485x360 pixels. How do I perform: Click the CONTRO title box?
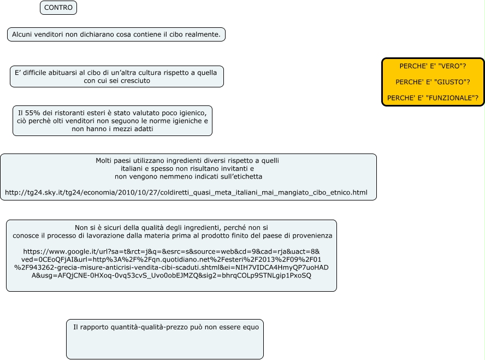(58, 8)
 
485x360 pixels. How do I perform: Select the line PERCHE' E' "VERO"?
(433, 66)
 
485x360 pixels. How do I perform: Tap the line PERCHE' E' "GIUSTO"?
(433, 82)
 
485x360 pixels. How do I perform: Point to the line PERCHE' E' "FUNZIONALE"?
(433, 98)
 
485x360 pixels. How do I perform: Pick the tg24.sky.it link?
(186, 193)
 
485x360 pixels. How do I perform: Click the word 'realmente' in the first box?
(203, 34)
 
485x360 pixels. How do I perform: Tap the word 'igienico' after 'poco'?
(192, 112)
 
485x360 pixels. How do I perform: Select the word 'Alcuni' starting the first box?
(23, 34)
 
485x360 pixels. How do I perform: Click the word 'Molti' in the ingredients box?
(105, 161)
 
